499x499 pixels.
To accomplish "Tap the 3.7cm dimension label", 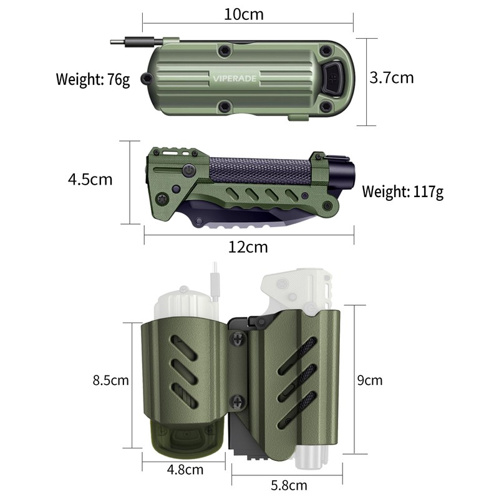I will coord(392,78).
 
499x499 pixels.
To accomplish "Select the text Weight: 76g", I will coord(93,79).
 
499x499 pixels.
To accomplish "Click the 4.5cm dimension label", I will coord(90,180).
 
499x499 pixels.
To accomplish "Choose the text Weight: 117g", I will coord(403,191).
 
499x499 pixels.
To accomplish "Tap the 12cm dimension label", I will coord(248,247).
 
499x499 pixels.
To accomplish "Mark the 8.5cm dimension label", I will coord(110,380).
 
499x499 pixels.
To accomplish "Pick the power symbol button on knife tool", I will coord(188,169).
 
